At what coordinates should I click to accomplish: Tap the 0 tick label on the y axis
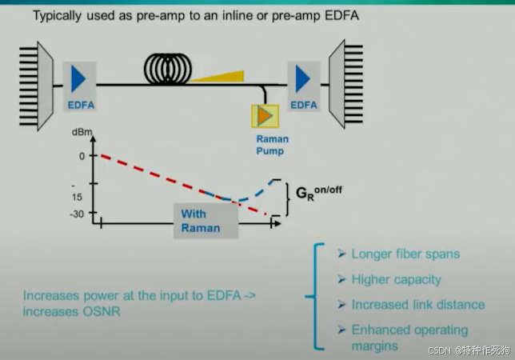(82, 156)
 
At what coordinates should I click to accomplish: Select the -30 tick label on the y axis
(78, 214)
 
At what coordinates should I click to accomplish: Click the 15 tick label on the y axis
(78, 197)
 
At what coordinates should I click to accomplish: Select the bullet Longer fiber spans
(405, 254)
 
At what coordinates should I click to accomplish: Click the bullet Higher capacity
(395, 279)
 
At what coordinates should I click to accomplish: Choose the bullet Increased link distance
(417, 305)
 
